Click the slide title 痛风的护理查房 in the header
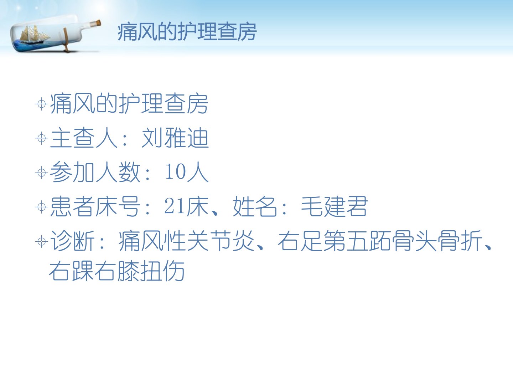coord(187,32)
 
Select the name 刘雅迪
coord(175,138)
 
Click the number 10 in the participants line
coord(175,171)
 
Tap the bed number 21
coord(175,206)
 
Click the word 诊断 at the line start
coord(72,241)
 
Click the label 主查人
coord(84,138)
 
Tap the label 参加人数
coord(95,172)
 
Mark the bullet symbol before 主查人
coord(42,138)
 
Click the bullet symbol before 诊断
coord(42,241)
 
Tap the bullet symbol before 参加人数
coord(42,173)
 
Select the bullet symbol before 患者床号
coord(42,207)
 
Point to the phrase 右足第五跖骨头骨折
coord(380,241)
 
